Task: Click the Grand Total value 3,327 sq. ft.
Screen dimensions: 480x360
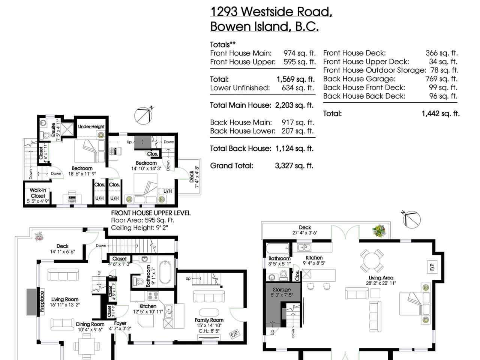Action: [x=294, y=166]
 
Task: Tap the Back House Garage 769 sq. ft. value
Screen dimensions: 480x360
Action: [x=441, y=79]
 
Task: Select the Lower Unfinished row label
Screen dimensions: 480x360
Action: [x=240, y=88]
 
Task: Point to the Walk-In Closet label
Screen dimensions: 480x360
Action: [x=38, y=193]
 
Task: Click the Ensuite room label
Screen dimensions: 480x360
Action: [x=53, y=130]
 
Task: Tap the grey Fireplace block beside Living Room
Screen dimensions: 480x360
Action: [x=32, y=302]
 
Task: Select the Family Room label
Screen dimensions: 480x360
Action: [x=209, y=320]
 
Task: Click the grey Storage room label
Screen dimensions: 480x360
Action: [x=282, y=289]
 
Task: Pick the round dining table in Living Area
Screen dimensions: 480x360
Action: [x=372, y=261]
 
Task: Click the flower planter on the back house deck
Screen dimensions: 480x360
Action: [x=378, y=231]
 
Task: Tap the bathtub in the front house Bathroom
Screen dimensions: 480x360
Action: [x=165, y=272]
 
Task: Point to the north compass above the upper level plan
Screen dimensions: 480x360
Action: [x=144, y=115]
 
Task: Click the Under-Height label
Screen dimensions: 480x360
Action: [x=91, y=126]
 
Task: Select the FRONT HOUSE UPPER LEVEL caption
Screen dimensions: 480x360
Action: [x=151, y=213]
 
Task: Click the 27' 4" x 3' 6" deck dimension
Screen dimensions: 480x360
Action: [x=305, y=233]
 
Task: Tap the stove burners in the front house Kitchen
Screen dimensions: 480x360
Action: [x=153, y=296]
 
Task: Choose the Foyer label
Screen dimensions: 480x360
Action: [x=120, y=323]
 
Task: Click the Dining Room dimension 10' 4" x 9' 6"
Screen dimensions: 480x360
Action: [x=90, y=329]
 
